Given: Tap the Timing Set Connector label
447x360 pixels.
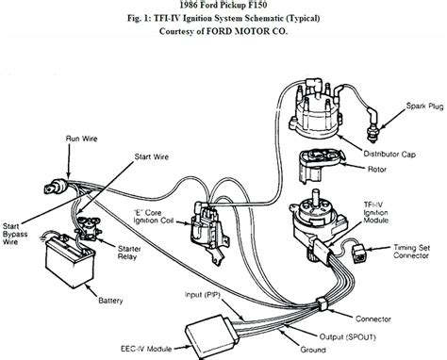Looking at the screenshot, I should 416,250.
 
